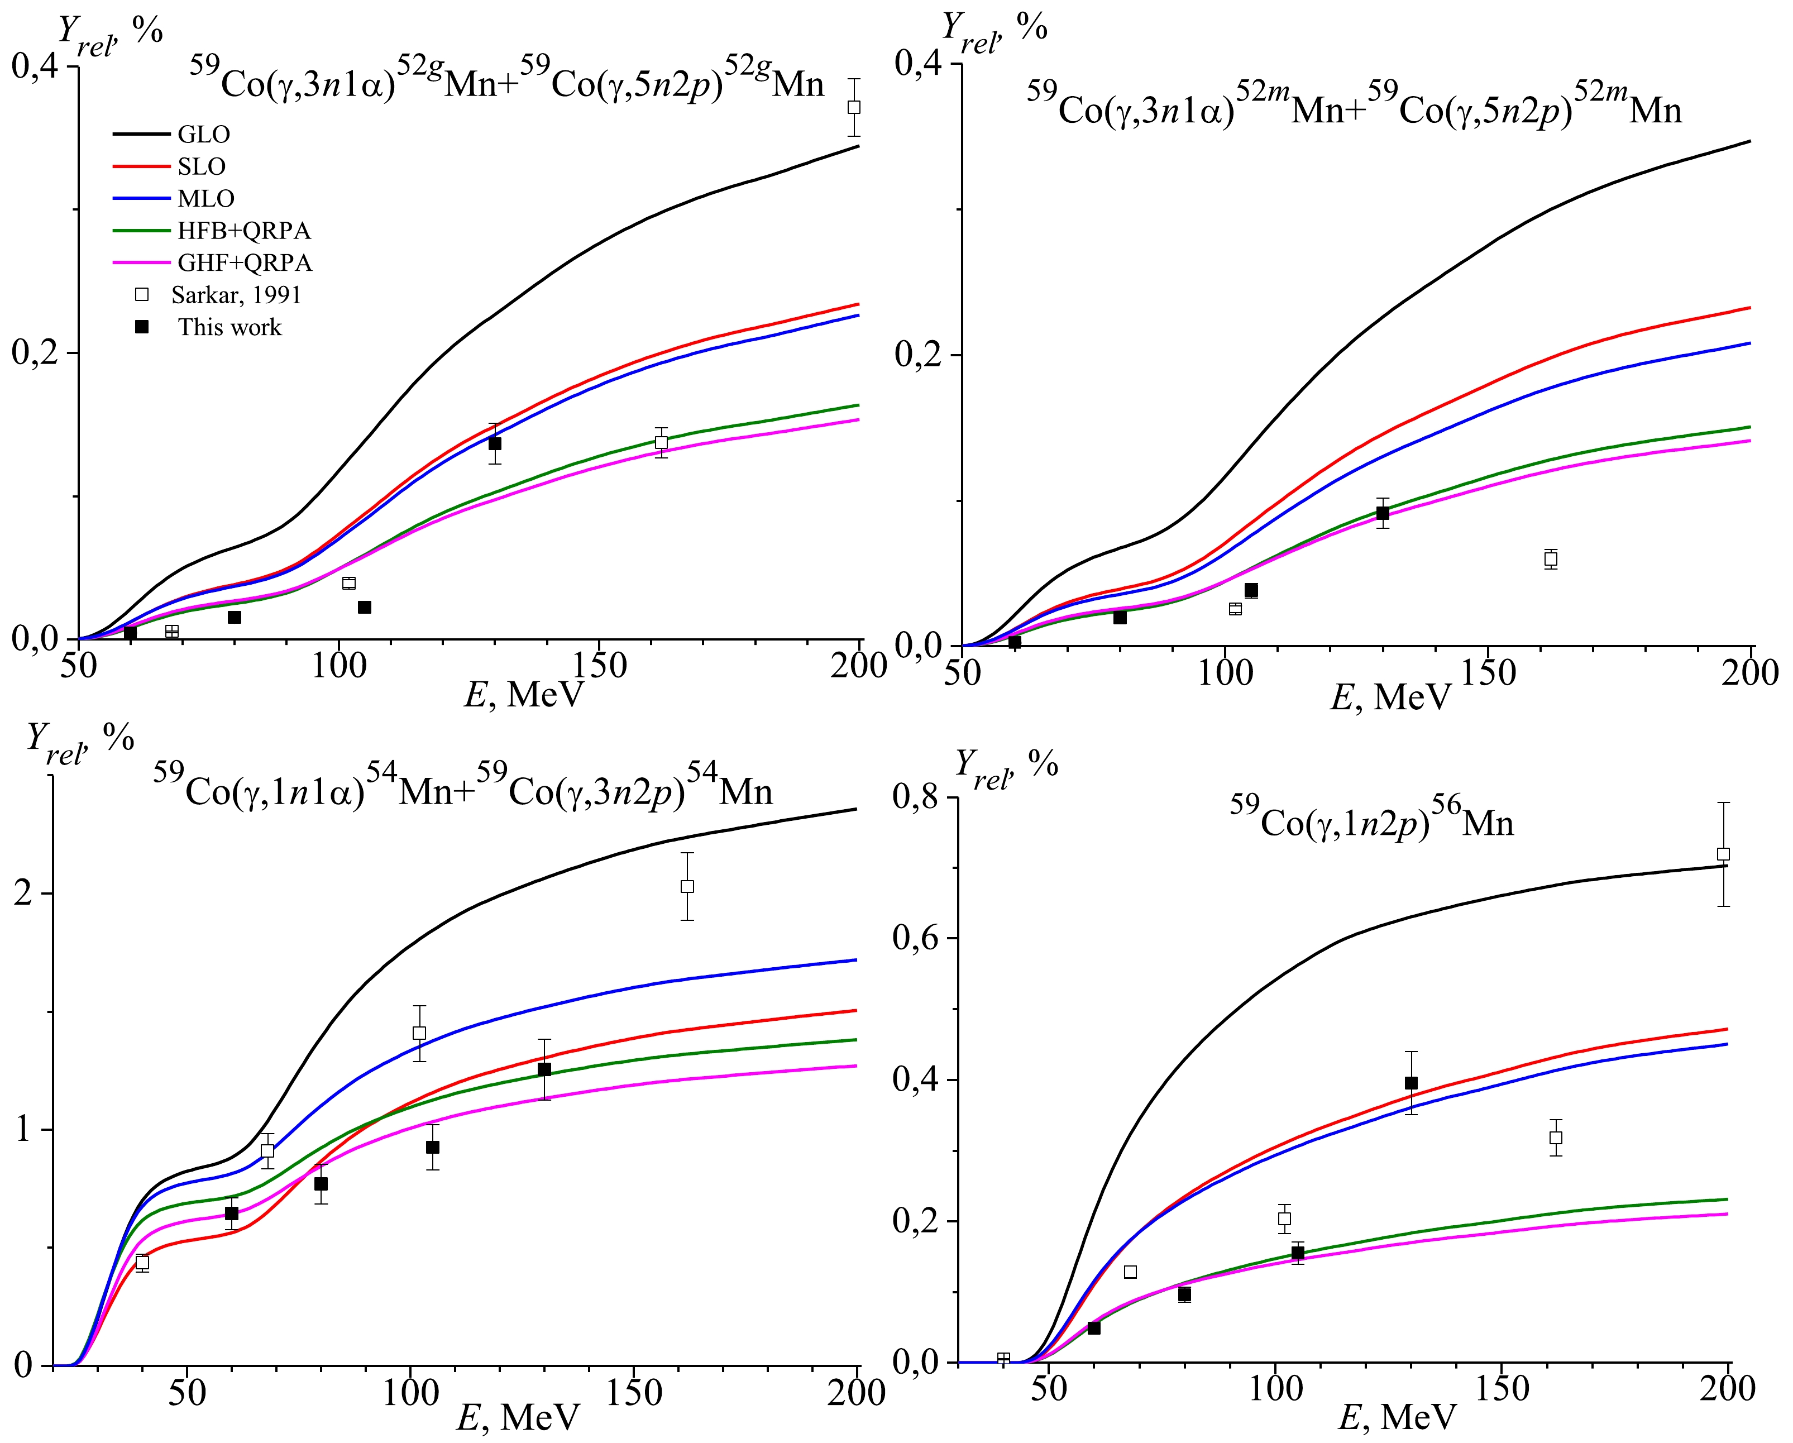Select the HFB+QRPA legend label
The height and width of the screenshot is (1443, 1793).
coord(243,231)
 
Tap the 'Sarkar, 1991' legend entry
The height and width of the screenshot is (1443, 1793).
coord(235,294)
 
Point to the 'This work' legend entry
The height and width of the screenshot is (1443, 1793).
coord(229,327)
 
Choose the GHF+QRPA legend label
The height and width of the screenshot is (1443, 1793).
coord(245,263)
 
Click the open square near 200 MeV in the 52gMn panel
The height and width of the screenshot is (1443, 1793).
coord(853,107)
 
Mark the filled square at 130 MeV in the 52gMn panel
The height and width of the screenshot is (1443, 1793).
coord(495,443)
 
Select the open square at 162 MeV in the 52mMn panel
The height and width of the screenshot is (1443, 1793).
coord(1550,559)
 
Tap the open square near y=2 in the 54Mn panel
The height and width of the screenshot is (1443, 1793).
coord(687,887)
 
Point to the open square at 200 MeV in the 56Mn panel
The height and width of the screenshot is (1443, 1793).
coord(1723,854)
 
